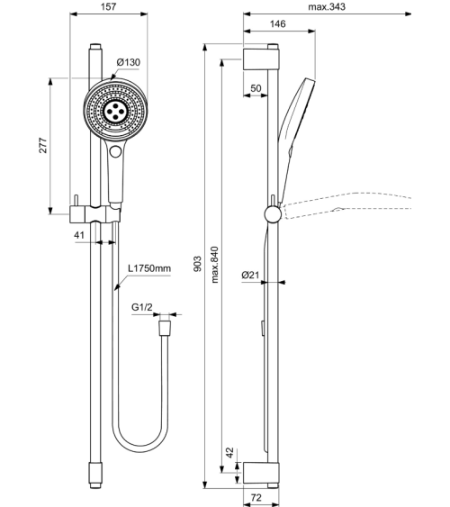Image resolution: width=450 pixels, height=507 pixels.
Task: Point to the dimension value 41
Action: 79,234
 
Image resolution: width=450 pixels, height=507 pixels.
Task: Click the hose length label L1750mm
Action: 148,267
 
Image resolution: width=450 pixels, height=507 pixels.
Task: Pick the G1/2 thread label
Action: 143,307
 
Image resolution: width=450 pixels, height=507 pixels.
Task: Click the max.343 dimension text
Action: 327,7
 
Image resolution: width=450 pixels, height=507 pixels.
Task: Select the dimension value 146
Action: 278,25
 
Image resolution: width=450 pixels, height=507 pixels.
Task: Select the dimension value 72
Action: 256,496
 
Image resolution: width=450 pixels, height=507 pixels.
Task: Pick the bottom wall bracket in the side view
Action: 263,472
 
